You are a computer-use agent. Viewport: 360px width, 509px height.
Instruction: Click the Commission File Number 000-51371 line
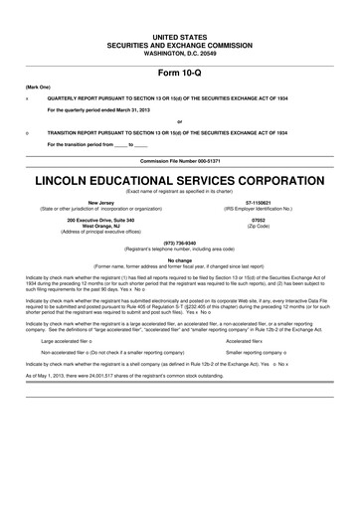180,158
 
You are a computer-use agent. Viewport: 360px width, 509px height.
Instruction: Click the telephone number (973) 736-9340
180,242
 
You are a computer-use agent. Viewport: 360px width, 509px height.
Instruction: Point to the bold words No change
180,259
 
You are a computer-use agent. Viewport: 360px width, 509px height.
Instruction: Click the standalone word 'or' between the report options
179,122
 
